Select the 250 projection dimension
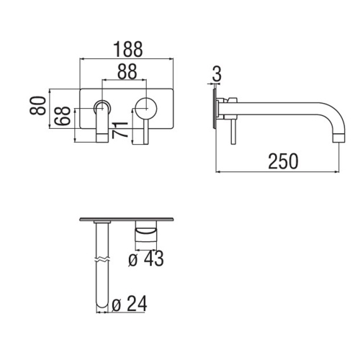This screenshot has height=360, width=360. click(282, 162)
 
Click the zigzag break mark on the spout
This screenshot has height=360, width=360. click(101, 258)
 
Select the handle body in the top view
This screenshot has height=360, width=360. click(147, 232)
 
